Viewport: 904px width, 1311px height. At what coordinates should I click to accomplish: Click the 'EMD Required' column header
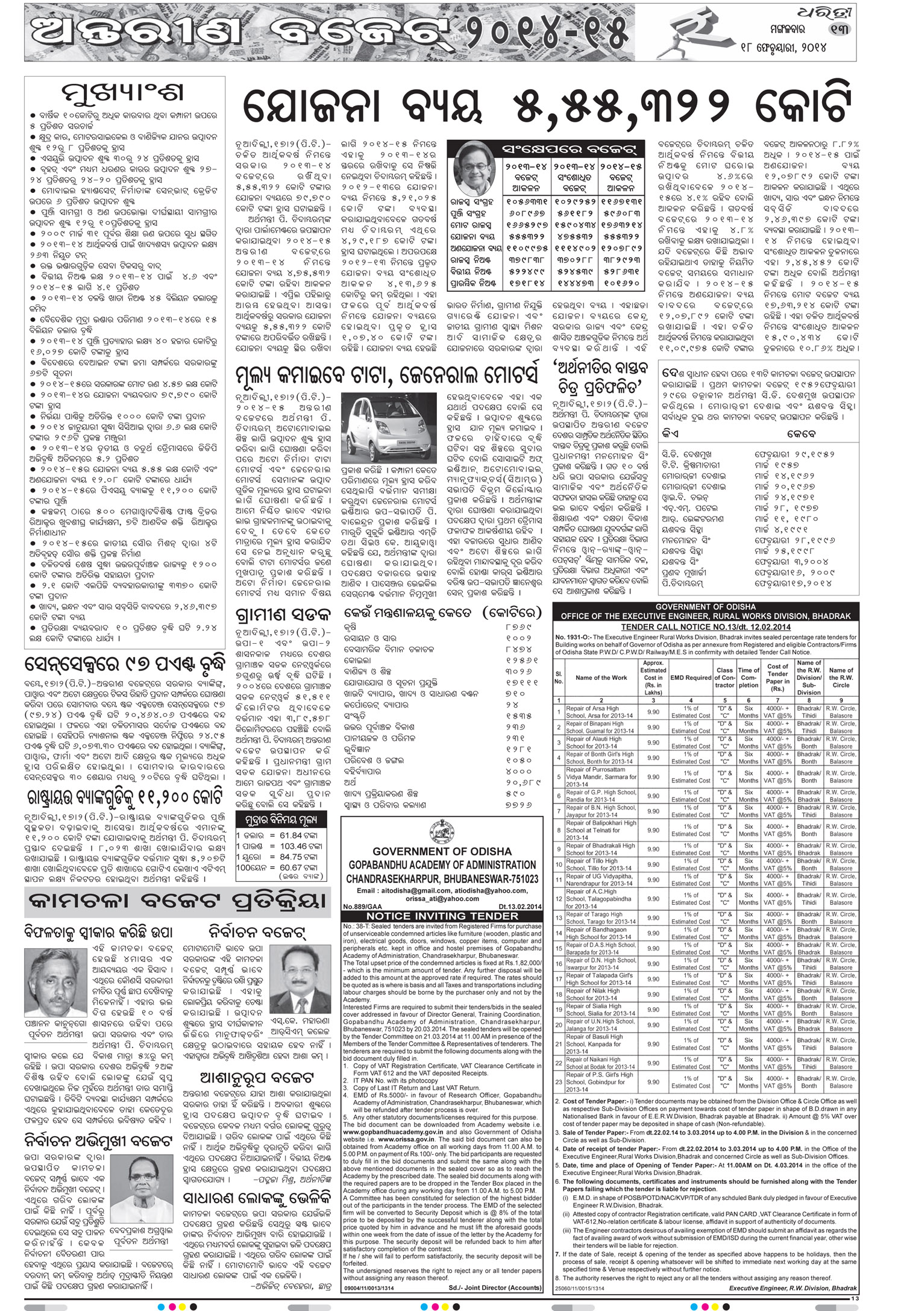point(689,677)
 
